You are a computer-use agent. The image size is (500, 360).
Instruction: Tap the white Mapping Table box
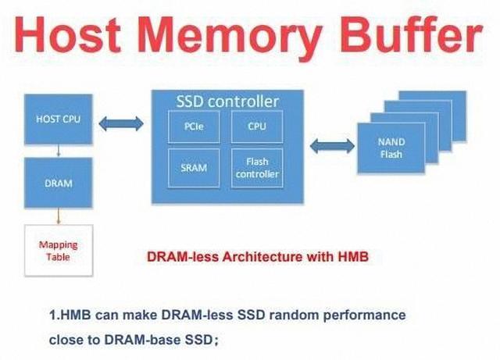pos(59,251)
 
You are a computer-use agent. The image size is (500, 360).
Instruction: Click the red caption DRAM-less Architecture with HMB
pos(257,255)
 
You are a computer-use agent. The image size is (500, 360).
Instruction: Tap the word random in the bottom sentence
pos(286,315)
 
